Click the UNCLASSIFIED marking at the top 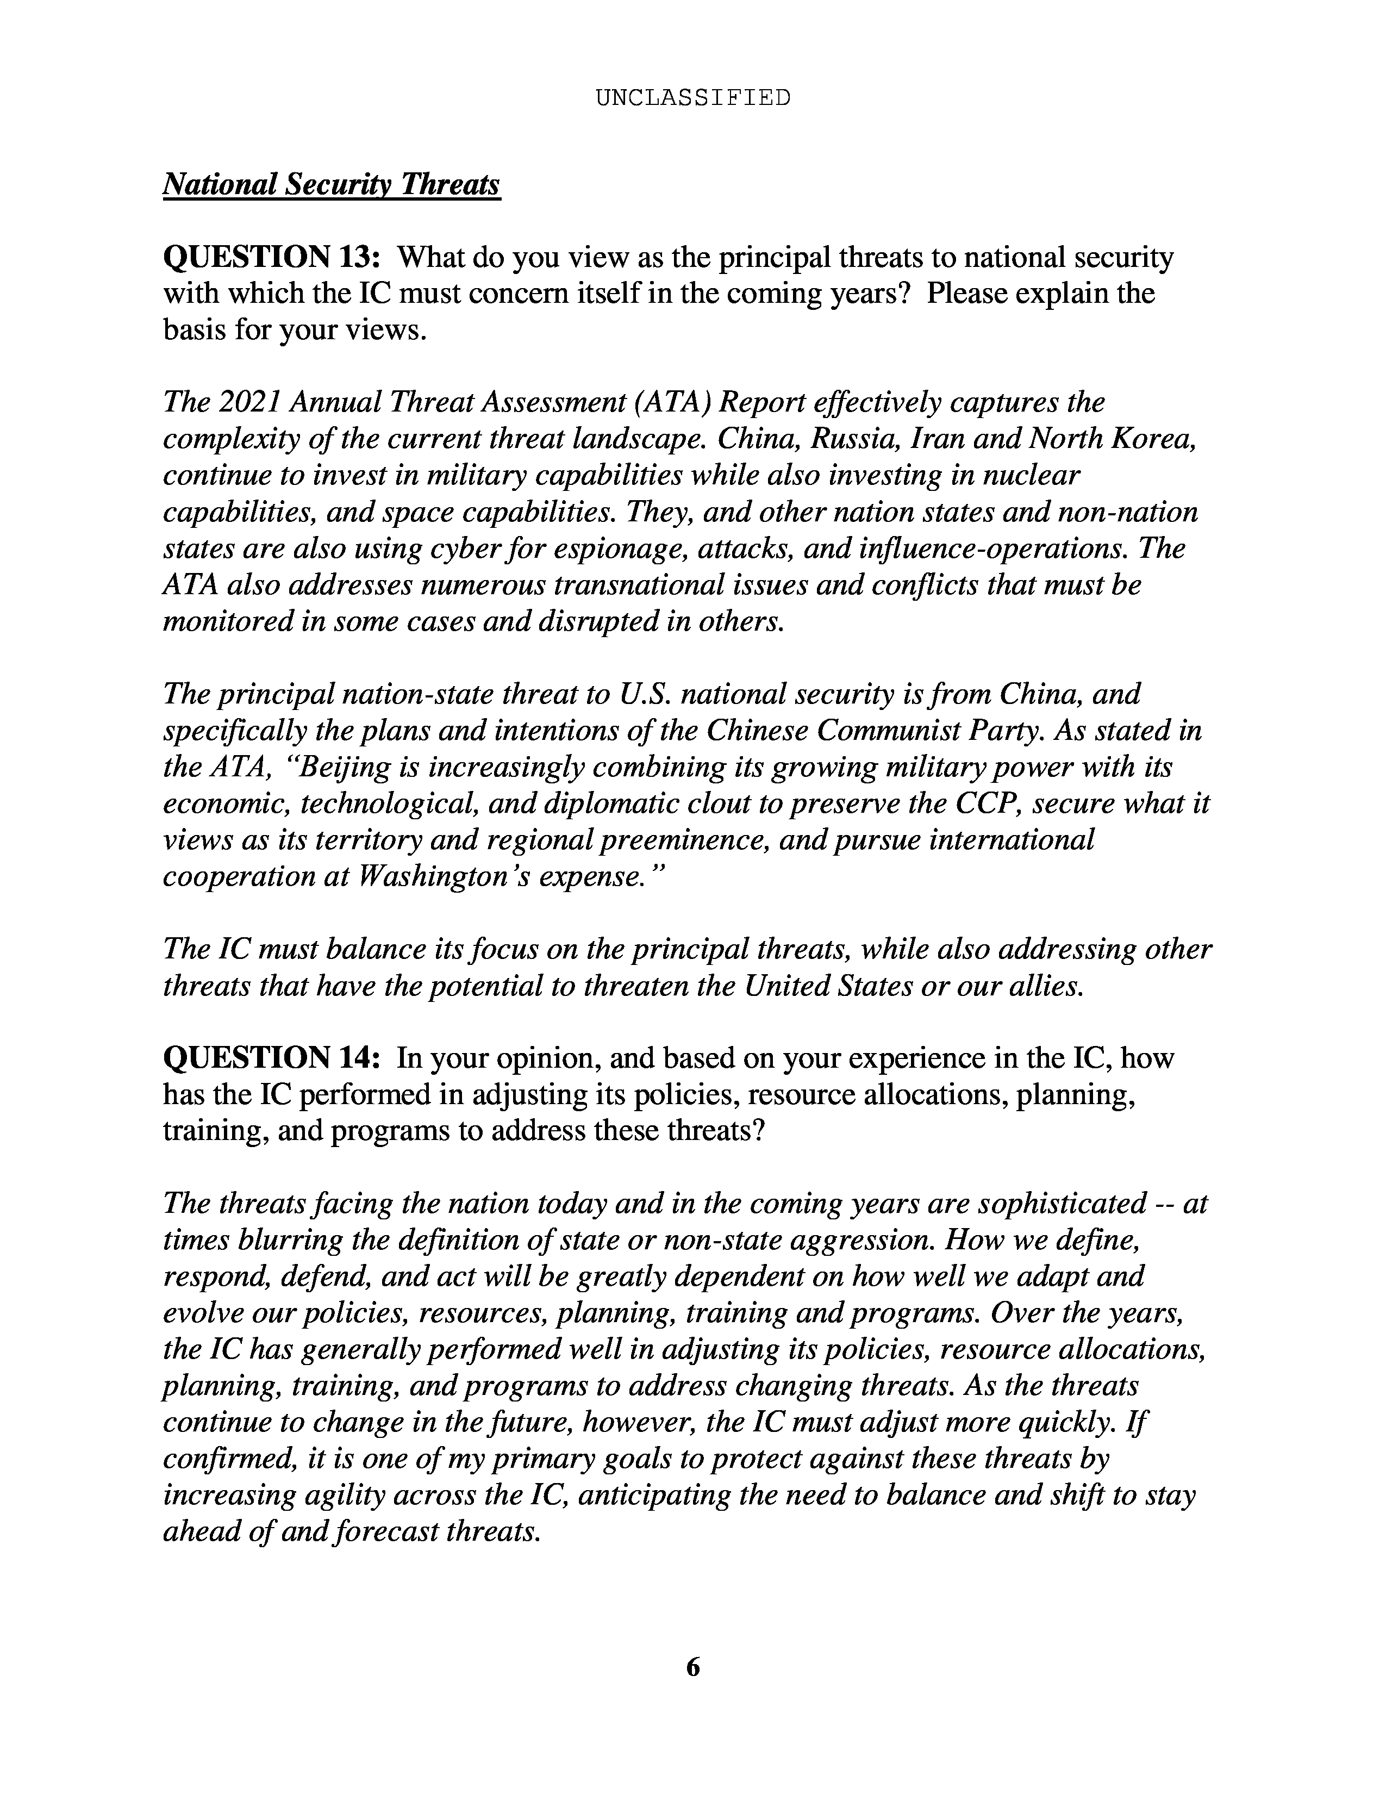[692, 98]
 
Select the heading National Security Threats [332, 184]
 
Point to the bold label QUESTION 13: [272, 257]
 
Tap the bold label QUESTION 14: [272, 1058]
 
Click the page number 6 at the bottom [692, 1667]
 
